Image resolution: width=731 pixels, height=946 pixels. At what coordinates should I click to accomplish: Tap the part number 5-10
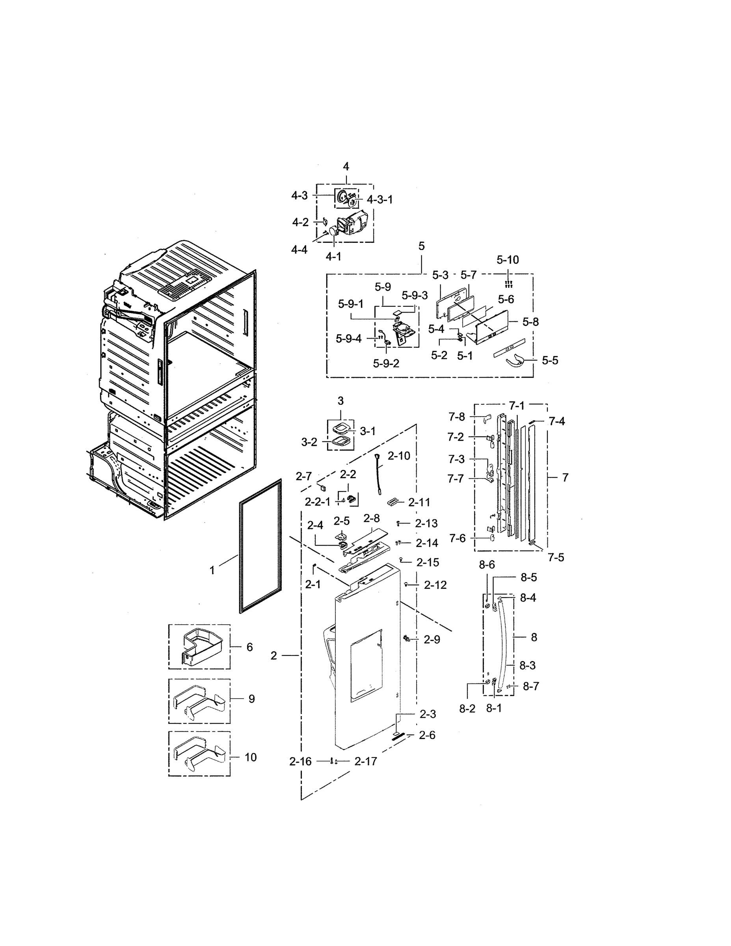508,260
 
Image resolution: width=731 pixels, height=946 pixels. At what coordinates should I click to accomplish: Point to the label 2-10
398,456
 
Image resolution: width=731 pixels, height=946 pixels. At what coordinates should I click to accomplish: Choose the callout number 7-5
556,557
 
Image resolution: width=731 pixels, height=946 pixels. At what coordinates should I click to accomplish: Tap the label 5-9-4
348,339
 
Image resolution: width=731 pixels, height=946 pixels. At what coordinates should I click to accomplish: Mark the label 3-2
309,442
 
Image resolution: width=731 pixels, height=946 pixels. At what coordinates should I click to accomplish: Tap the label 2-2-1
318,502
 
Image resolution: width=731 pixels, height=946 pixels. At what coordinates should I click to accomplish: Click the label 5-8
530,321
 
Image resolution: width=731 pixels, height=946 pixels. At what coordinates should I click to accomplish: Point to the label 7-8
456,417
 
